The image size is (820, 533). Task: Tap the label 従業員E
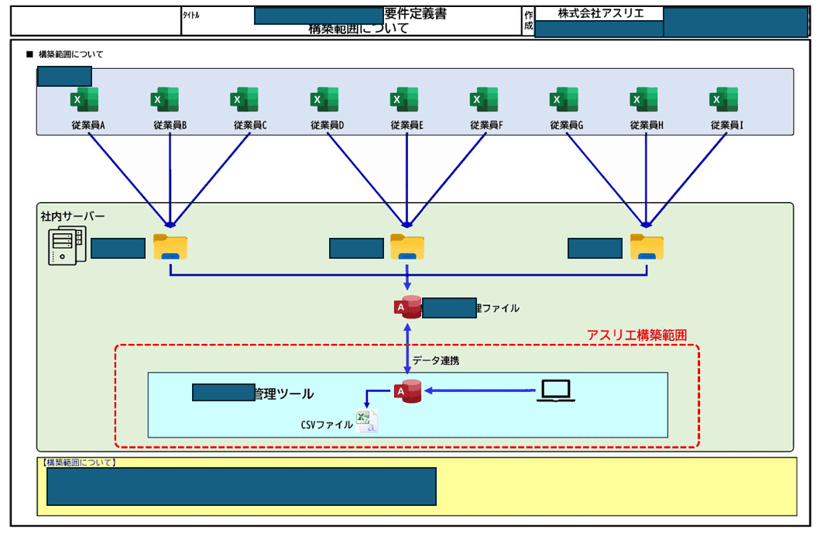click(407, 125)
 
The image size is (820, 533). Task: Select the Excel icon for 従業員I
click(723, 100)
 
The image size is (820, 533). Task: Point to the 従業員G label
click(566, 125)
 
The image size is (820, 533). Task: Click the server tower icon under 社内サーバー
click(63, 247)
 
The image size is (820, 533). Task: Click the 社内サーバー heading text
click(73, 216)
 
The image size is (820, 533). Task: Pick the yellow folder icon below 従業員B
click(170, 247)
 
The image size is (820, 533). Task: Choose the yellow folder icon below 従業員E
click(407, 247)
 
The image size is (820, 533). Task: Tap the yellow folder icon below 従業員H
click(647, 247)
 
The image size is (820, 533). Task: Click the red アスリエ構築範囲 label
click(637, 335)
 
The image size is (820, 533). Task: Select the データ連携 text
click(435, 360)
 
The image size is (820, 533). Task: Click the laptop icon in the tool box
click(556, 391)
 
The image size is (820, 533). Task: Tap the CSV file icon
click(366, 421)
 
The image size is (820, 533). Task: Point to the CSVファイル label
click(327, 425)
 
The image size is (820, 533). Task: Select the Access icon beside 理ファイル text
click(407, 308)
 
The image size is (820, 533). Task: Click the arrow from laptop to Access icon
click(480, 390)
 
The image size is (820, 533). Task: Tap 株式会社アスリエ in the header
click(600, 13)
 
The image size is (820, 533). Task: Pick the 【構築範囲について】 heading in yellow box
click(77, 463)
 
